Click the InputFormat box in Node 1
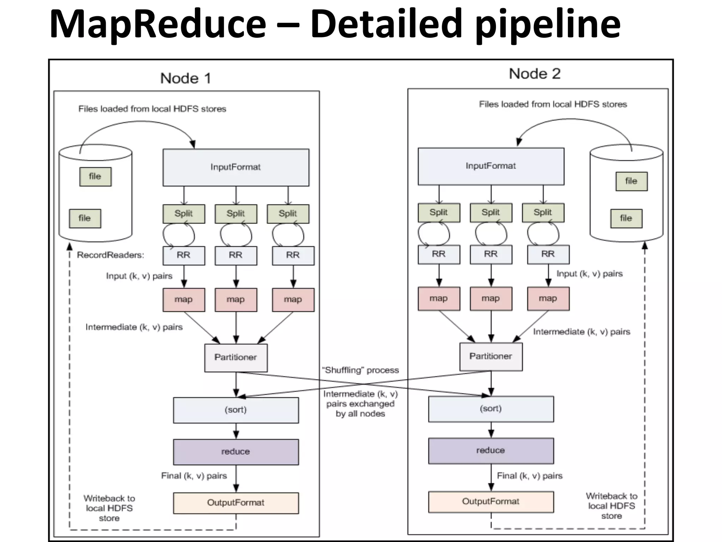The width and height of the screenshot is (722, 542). (235, 167)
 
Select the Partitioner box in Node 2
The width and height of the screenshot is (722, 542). (491, 356)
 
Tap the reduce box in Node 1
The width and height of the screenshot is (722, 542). (235, 452)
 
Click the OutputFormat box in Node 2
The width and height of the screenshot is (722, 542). (491, 501)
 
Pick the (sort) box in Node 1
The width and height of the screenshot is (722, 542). (235, 410)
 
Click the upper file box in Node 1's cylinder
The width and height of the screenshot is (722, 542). (95, 176)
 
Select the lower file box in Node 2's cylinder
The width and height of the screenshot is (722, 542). (626, 218)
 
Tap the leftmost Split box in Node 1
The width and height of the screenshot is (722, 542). (184, 213)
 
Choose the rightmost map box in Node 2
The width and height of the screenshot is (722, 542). (548, 299)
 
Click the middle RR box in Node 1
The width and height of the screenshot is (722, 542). (235, 255)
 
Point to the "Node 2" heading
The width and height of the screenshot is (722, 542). (534, 74)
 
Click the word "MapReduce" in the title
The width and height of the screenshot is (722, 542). (158, 24)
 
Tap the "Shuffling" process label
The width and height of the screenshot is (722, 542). (360, 370)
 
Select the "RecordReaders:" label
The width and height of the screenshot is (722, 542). (110, 255)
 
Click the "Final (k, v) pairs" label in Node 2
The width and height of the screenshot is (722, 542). (530, 476)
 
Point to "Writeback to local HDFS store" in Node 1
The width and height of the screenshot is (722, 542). (109, 508)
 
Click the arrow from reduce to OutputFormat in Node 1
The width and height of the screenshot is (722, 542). (236, 478)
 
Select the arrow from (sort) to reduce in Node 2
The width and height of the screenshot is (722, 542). (491, 430)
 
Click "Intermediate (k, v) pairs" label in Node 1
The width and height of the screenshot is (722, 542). (134, 327)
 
